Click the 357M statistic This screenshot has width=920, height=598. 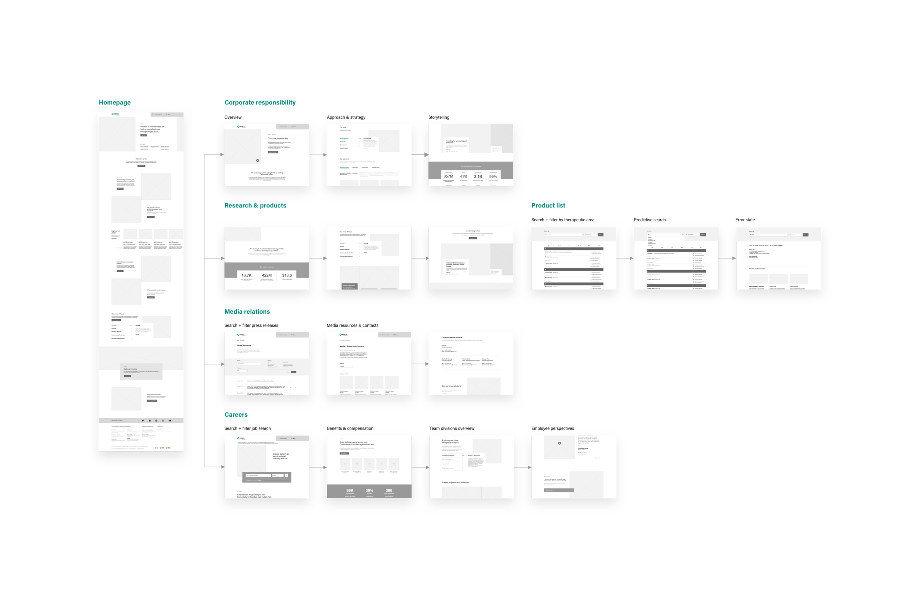click(448, 176)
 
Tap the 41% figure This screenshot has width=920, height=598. click(463, 177)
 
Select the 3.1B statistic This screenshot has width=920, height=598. click(478, 177)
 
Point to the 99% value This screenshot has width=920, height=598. click(493, 177)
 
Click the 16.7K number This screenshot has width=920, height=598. click(247, 275)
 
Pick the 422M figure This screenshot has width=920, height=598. click(267, 275)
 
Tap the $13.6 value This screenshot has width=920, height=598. click(287, 275)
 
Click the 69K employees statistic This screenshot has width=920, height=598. click(350, 490)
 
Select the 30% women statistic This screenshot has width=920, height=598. click(369, 490)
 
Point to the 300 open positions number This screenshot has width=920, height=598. click(389, 490)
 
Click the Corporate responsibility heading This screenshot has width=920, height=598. click(278, 138)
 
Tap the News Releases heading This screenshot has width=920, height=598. click(244, 345)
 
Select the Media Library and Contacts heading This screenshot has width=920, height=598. click(352, 346)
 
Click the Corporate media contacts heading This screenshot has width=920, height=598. click(452, 337)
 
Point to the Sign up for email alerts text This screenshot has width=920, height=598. click(451, 386)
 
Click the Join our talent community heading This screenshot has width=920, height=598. click(555, 480)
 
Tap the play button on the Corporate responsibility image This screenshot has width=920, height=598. click(258, 160)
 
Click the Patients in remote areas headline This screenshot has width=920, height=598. click(152, 129)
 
